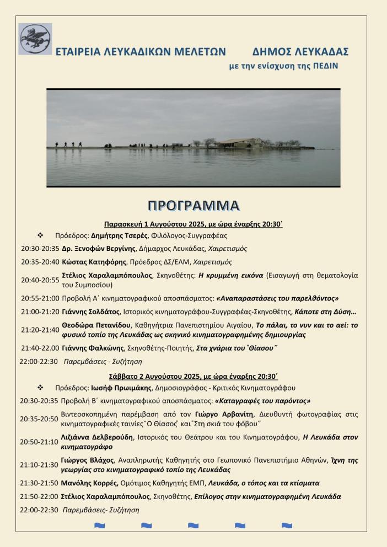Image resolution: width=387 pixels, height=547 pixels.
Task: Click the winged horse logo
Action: [35, 39]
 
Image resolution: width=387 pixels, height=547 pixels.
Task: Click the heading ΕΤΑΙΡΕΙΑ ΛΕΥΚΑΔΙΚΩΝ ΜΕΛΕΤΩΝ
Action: [141, 52]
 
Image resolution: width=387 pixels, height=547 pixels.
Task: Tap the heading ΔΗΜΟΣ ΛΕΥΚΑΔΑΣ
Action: [300, 52]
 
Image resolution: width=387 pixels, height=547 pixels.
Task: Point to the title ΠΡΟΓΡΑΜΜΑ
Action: [193, 206]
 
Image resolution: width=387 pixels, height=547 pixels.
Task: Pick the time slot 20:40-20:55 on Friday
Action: [40, 280]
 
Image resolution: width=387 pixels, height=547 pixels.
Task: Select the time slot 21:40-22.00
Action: [40, 348]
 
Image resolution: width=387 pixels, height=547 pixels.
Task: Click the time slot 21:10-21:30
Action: [40, 464]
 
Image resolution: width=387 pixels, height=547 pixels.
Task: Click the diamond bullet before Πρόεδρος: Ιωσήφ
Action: [40, 388]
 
